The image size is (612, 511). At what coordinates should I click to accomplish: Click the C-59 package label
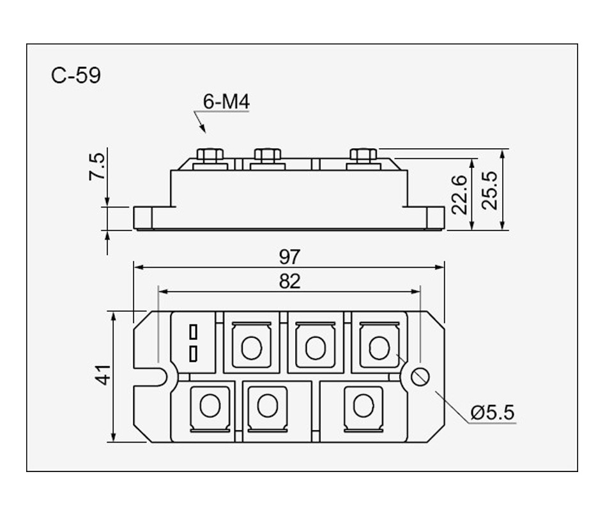pyautogui.click(x=76, y=76)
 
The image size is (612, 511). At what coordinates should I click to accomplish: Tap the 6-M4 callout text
pyautogui.click(x=226, y=102)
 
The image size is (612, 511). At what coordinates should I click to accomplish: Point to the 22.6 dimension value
pyautogui.click(x=459, y=194)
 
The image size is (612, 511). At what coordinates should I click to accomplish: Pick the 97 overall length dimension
pyautogui.click(x=289, y=257)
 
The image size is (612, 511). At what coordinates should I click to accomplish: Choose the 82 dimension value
pyautogui.click(x=289, y=282)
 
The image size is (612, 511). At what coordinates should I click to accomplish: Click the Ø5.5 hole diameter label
pyautogui.click(x=492, y=413)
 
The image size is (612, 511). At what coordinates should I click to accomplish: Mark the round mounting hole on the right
pyautogui.click(x=420, y=376)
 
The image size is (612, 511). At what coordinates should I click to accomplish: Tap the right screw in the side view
pyautogui.click(x=363, y=155)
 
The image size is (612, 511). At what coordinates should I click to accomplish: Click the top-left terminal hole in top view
pyautogui.click(x=252, y=347)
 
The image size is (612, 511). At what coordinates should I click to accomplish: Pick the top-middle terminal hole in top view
pyautogui.click(x=315, y=347)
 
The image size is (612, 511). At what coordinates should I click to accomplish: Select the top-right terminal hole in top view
pyautogui.click(x=379, y=347)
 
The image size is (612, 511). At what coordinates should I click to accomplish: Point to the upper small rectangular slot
pyautogui.click(x=194, y=332)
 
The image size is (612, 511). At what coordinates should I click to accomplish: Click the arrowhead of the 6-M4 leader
pyautogui.click(x=204, y=130)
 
